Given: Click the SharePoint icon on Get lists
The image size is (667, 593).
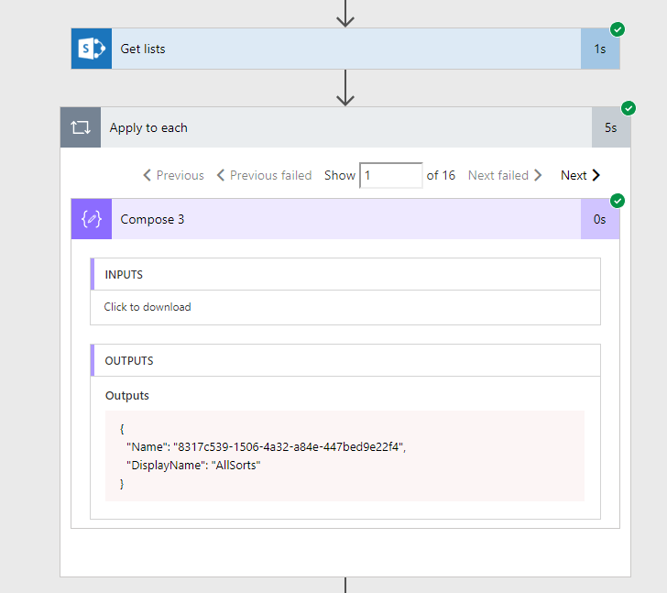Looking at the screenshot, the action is (x=92, y=49).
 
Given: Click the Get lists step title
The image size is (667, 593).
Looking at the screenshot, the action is (x=143, y=49).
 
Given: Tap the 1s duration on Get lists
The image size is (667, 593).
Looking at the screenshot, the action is (x=600, y=49).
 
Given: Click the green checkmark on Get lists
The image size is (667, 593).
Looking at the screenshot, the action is (x=618, y=29).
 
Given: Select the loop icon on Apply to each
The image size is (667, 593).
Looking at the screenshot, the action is (x=81, y=127).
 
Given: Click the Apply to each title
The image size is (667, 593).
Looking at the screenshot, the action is (x=148, y=128).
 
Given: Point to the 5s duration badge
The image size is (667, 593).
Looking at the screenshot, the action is (x=611, y=127).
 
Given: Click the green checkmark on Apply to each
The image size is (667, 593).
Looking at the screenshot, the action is (x=629, y=108).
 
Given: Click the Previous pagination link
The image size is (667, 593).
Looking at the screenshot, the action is (x=173, y=175).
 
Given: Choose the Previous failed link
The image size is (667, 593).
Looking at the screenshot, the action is (x=264, y=175).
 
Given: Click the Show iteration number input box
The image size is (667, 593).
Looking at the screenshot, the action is (x=391, y=175).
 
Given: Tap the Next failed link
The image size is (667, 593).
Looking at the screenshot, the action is (x=505, y=175).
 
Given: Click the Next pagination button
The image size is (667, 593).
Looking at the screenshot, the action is (x=580, y=175).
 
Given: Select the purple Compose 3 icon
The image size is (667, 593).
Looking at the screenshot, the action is (x=92, y=219).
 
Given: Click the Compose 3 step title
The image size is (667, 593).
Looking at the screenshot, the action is (x=152, y=219).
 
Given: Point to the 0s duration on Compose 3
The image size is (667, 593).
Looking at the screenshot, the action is (x=600, y=219).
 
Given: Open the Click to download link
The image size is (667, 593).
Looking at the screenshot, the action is (x=148, y=307).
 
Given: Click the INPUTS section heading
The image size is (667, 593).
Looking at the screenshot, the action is (x=124, y=275).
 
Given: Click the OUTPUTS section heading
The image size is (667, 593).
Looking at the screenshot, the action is (x=129, y=361).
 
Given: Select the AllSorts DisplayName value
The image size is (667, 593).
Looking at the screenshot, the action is (x=235, y=466).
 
